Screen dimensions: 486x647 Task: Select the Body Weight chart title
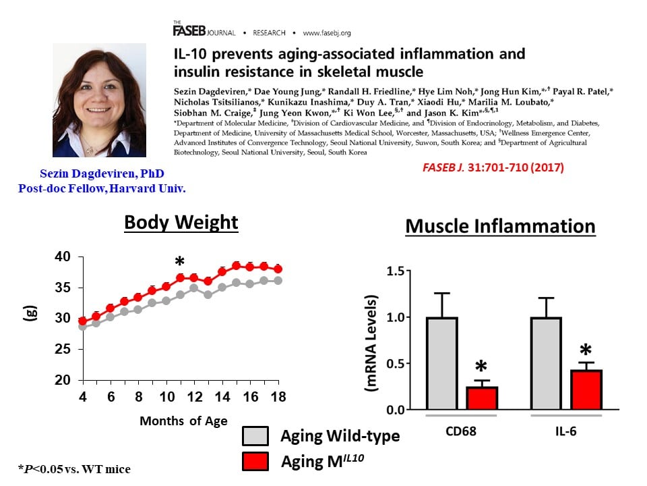click(181, 222)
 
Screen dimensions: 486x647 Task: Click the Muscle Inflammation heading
click(500, 226)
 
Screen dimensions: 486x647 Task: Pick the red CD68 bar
click(481, 398)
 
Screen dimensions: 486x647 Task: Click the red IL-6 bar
click(585, 389)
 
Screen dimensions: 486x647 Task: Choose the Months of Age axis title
click(183, 421)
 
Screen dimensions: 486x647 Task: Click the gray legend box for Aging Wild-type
click(256, 436)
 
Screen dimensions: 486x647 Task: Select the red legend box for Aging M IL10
click(256, 461)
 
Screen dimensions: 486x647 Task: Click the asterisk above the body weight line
click(179, 263)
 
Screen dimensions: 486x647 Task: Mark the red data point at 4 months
click(82, 321)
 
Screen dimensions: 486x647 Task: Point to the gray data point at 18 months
click(277, 281)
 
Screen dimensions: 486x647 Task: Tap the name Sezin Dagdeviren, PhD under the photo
click(100, 174)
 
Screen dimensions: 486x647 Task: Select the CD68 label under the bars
click(461, 430)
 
